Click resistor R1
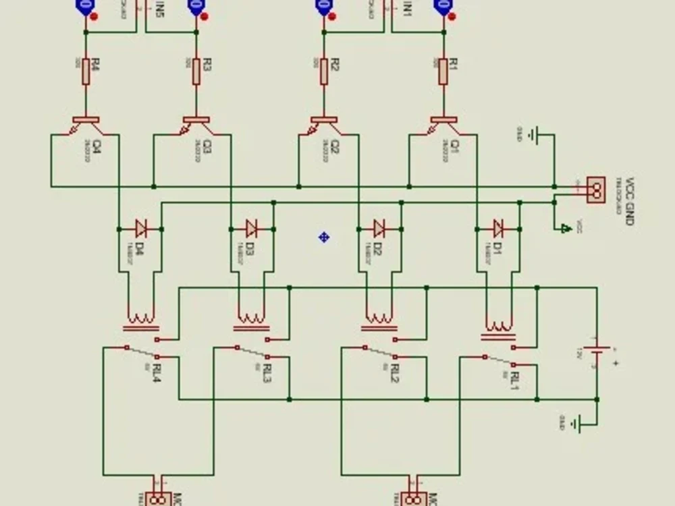coord(443,71)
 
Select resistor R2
coord(325,71)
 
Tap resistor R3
coord(196,71)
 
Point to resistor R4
coord(86,71)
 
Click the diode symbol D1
coord(499,226)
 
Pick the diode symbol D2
coord(379,226)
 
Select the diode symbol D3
coord(252,226)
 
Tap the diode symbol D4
coord(142,226)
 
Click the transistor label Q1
coord(454,146)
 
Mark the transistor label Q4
coord(97,146)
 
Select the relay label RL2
coord(395,373)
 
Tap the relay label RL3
coord(268,373)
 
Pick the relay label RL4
coord(157,373)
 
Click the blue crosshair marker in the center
coord(324,237)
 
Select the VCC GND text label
coord(630,201)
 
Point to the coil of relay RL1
coord(499,328)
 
